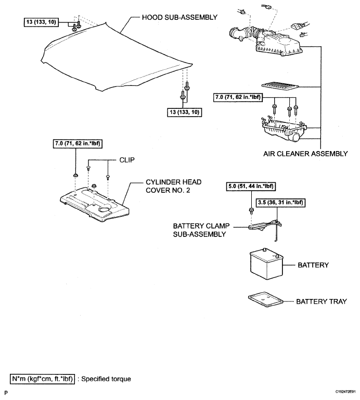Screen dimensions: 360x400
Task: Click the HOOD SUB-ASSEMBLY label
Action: [x=179, y=17]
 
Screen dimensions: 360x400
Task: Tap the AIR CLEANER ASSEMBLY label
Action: [x=305, y=154]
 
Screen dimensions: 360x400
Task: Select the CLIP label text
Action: [x=127, y=160]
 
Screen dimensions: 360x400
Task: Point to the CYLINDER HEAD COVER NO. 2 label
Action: [x=174, y=186]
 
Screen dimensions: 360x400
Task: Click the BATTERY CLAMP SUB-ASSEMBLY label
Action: [x=201, y=230]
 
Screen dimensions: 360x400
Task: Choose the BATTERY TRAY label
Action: [x=322, y=302]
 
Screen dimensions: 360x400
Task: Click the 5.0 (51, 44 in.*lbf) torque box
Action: [x=251, y=186]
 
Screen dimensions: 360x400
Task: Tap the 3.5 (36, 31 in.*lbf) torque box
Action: [x=280, y=203]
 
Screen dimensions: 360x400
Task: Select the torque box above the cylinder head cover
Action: [x=78, y=144]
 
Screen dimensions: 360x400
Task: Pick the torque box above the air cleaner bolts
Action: [x=238, y=97]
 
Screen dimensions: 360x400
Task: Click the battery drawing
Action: [x=266, y=264]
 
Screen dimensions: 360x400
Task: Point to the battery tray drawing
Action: [x=265, y=300]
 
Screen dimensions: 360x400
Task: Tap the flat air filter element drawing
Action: [x=280, y=86]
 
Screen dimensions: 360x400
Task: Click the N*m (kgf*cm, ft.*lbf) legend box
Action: [x=42, y=379]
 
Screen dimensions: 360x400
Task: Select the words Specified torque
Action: [x=106, y=379]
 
